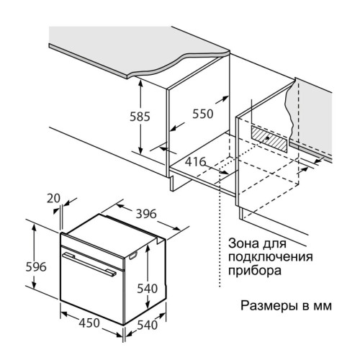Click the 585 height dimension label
click(x=140, y=117)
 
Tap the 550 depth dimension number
click(x=203, y=114)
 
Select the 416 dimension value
click(x=196, y=162)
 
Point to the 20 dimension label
click(x=53, y=199)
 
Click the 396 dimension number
click(x=146, y=214)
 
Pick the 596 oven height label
click(x=36, y=266)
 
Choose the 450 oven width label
click(x=89, y=323)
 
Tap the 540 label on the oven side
click(x=147, y=288)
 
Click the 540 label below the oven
click(x=148, y=325)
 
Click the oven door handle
click(x=89, y=264)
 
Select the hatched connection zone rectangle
click(x=269, y=139)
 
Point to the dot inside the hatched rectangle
click(x=267, y=138)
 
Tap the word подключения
click(x=271, y=257)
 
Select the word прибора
click(x=255, y=271)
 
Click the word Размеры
click(x=268, y=306)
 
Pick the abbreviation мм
click(x=321, y=307)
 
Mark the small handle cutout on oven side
click(x=132, y=256)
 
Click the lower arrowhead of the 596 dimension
click(x=35, y=285)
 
